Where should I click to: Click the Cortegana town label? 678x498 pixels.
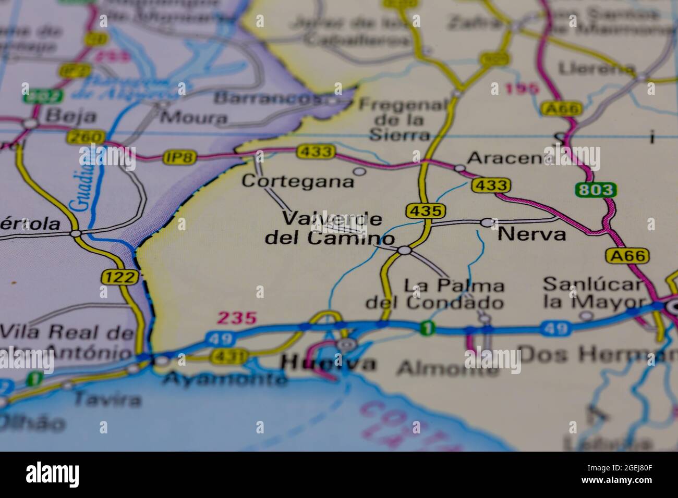[x=298, y=181]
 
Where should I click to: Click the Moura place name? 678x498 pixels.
[x=193, y=117]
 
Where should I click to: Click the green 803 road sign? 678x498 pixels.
[x=596, y=190]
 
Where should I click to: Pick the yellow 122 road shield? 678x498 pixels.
[x=120, y=277]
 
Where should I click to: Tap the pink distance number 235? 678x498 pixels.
[x=237, y=318]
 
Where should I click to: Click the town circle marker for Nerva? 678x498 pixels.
[x=487, y=222]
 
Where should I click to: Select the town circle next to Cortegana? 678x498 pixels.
[x=359, y=171]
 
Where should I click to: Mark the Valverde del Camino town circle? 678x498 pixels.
[x=404, y=251]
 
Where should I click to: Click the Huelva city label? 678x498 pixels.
[x=328, y=363]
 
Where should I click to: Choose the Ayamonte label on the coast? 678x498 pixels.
[x=225, y=379]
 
